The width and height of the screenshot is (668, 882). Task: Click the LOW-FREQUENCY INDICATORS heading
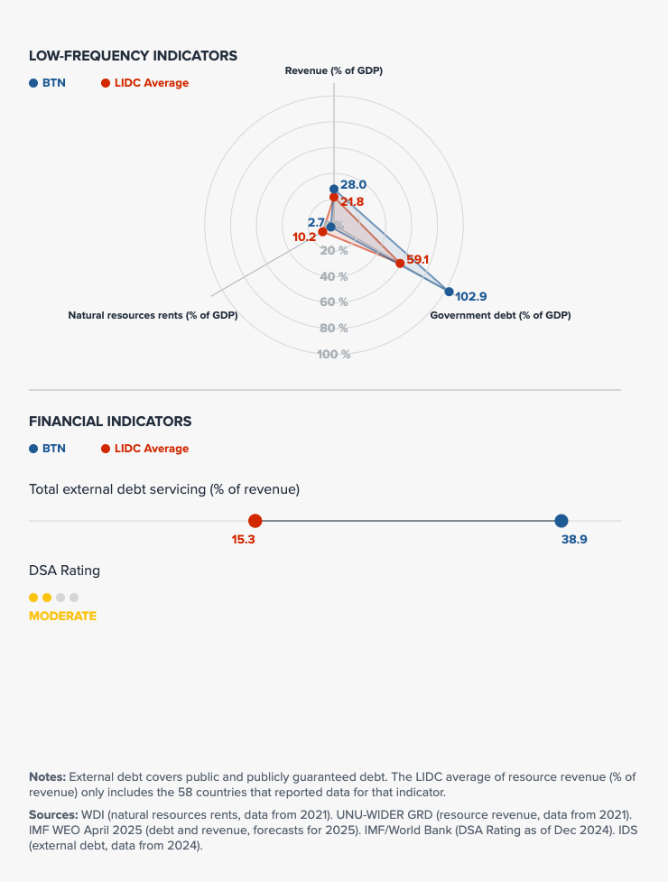(x=133, y=56)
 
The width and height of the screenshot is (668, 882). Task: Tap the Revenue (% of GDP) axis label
(x=333, y=70)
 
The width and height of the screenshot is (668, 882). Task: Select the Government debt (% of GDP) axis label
(x=500, y=315)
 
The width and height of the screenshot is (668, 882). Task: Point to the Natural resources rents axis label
(x=153, y=315)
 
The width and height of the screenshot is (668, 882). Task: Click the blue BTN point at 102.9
(x=449, y=291)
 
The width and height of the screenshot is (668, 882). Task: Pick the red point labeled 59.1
(x=400, y=263)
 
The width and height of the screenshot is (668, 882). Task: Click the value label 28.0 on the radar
(x=353, y=184)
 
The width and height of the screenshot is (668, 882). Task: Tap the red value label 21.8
(x=352, y=202)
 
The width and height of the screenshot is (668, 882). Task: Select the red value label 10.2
(x=304, y=237)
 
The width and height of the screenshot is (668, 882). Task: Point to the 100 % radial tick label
(x=333, y=354)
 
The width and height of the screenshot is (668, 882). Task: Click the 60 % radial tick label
(x=333, y=302)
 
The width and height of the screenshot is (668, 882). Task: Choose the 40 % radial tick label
(x=333, y=276)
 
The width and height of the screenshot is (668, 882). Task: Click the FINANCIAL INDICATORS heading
(x=110, y=421)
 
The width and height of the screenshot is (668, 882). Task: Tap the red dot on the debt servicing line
(x=255, y=521)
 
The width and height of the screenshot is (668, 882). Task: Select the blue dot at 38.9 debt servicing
(x=561, y=521)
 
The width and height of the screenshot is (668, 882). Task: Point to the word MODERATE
(x=62, y=616)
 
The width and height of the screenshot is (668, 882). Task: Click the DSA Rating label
(x=64, y=571)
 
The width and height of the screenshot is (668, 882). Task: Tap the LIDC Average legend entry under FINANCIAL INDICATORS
(x=151, y=449)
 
